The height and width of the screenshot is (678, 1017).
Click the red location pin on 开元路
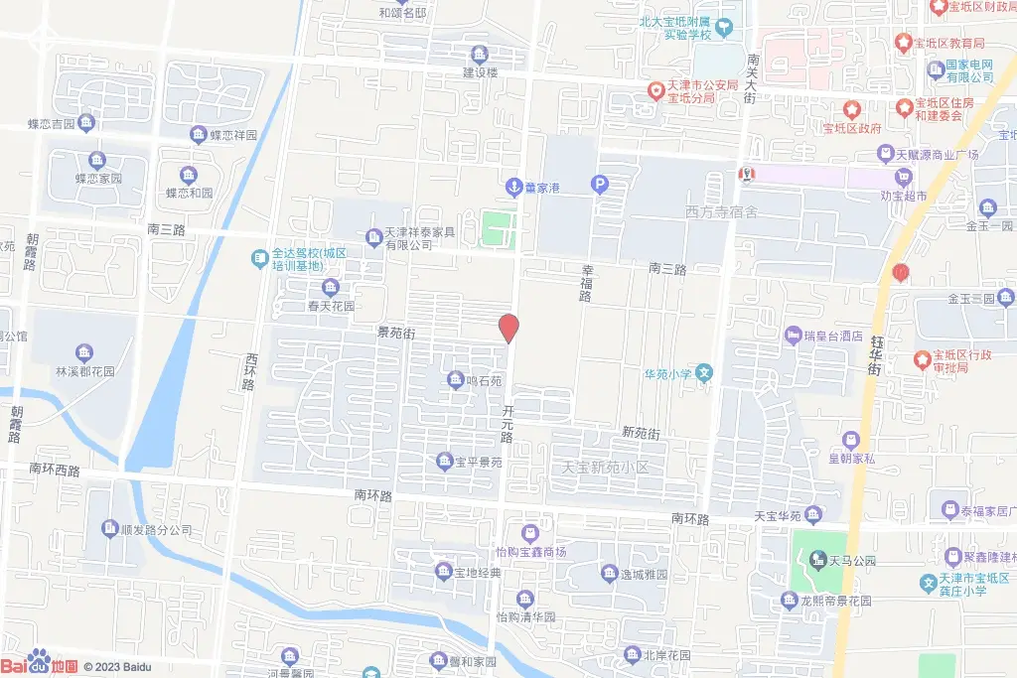click(508, 327)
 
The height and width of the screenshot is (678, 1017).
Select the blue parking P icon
click(599, 184)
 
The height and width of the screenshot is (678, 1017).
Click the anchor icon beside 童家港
click(513, 185)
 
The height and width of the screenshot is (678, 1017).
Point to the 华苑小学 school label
click(667, 374)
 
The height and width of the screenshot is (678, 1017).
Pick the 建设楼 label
click(480, 71)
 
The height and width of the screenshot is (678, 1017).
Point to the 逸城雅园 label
click(643, 574)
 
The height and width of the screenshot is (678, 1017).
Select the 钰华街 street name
click(874, 353)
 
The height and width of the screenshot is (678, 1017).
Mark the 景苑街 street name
click(394, 334)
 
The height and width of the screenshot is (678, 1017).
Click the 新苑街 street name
click(641, 433)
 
